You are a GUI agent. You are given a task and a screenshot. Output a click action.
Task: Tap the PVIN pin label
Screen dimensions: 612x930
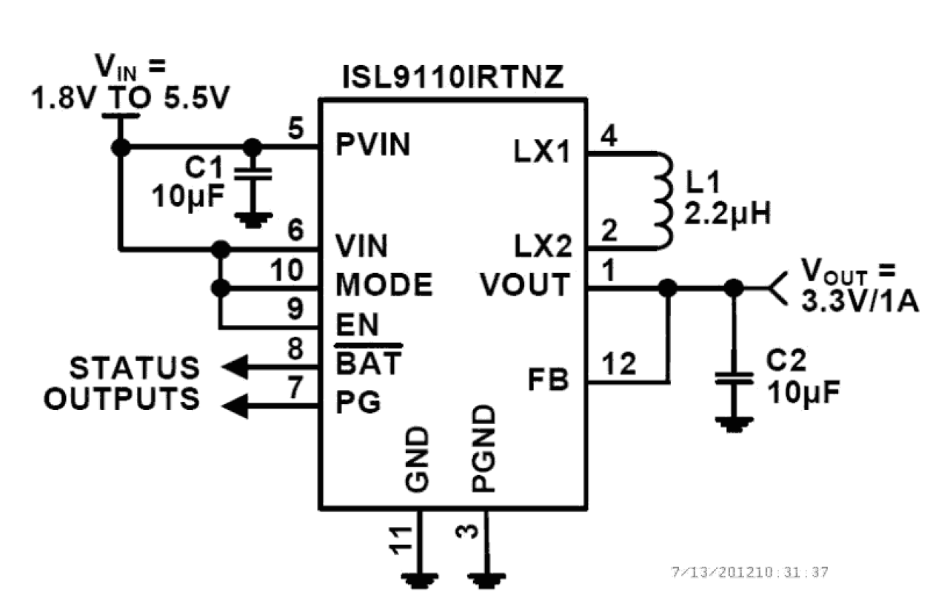coord(372,146)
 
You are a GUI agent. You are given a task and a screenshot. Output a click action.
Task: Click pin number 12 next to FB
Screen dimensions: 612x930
coord(619,364)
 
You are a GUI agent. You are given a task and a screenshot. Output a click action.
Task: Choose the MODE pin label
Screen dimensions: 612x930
coord(384,285)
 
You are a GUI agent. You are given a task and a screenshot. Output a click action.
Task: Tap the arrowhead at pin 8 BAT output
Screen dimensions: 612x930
coord(235,365)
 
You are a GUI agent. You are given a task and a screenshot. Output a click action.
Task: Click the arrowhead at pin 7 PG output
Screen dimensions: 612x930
coord(235,404)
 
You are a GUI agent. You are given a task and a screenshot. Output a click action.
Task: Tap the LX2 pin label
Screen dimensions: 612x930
coord(542,246)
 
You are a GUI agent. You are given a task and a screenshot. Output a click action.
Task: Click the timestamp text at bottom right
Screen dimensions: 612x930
coord(749,572)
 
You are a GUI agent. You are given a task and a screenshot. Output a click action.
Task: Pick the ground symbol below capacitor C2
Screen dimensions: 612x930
coord(734,423)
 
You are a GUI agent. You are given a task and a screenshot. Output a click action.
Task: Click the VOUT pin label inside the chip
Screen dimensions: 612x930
coord(525,285)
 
